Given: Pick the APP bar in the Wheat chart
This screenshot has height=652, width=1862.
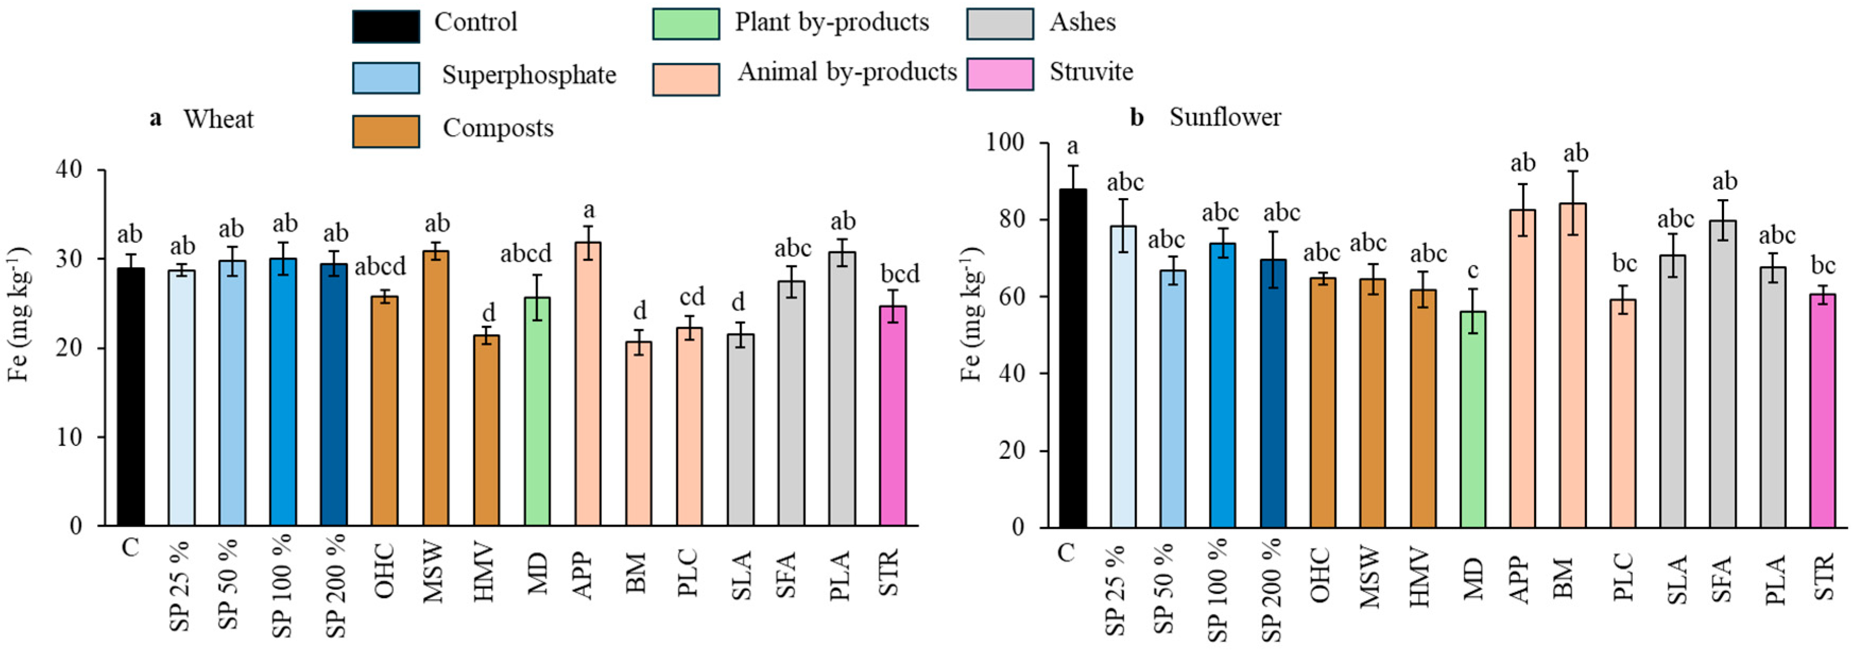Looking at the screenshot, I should pos(587,383).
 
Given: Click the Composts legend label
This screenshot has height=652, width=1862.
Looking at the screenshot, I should pos(497,128).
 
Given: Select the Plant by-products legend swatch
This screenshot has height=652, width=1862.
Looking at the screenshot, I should pos(685,24).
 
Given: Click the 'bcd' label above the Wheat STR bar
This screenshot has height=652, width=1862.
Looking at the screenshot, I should pos(899,274).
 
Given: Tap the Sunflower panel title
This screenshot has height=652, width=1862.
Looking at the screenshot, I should pos(1225,117).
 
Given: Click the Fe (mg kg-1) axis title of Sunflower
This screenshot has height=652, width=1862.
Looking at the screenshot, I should pos(972,314).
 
